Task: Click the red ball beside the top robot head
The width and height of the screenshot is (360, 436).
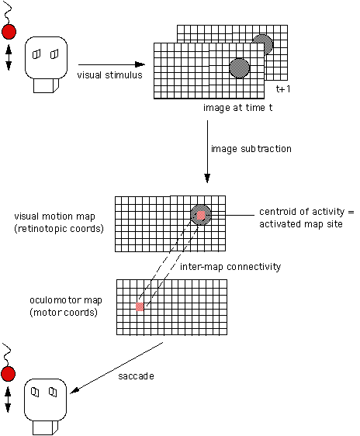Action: (x=9, y=32)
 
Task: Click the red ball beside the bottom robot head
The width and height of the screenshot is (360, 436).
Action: (x=8, y=374)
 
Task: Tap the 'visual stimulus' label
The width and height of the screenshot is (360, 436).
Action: (x=110, y=75)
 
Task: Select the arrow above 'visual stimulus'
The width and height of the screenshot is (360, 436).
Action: (x=112, y=64)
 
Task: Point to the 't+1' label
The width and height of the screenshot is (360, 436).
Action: (x=283, y=88)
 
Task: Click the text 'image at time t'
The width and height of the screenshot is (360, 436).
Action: (x=237, y=108)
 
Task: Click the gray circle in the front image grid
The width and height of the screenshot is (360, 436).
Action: (x=239, y=68)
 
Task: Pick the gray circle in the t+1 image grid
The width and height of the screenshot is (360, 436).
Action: (x=264, y=44)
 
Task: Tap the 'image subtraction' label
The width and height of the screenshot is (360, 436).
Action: (x=251, y=149)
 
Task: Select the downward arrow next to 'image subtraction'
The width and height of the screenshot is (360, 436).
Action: (x=207, y=151)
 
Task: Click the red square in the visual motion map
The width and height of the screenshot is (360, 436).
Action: (x=201, y=215)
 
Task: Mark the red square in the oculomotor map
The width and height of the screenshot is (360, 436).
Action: (x=140, y=306)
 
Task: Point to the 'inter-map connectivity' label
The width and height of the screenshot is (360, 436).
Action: (x=230, y=267)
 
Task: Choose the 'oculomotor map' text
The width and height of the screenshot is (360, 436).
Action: (x=66, y=300)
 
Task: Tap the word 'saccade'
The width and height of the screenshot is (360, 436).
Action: (x=137, y=376)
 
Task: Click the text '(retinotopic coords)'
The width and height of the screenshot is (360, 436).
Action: (x=59, y=229)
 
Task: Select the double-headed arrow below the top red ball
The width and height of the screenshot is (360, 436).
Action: (x=9, y=57)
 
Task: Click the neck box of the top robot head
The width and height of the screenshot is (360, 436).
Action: (x=46, y=85)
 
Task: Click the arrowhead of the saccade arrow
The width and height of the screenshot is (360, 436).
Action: (x=74, y=391)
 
